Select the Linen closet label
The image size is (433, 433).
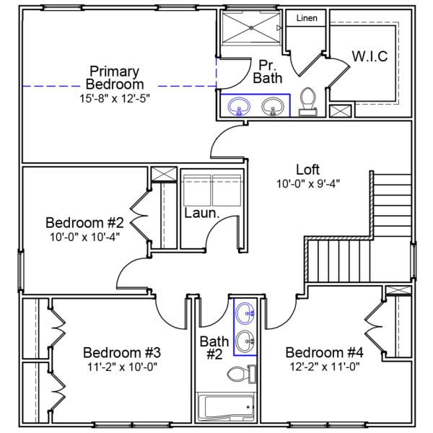(x=307, y=18)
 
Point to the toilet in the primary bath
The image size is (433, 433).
(x=308, y=102)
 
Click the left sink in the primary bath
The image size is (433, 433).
(x=239, y=107)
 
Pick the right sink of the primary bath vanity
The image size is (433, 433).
(x=273, y=107)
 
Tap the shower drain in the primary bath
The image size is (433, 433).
(x=252, y=28)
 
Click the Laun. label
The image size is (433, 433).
(x=201, y=214)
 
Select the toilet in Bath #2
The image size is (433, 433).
(x=240, y=374)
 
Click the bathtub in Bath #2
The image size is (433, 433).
(x=227, y=407)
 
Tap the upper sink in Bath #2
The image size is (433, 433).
(x=245, y=313)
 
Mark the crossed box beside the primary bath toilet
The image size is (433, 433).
(x=341, y=111)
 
